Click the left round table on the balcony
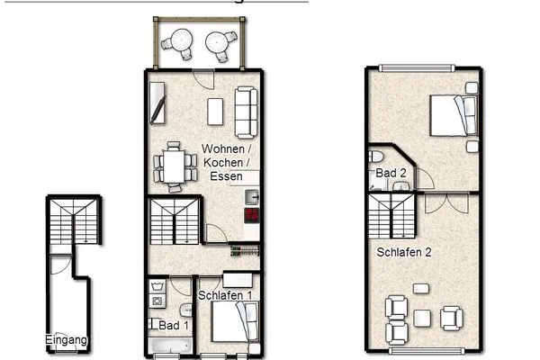coord(178,41)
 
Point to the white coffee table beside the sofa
coord(214,112)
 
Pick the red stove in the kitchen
coord(252,216)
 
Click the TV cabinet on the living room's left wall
coord(157,103)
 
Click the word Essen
coord(226,178)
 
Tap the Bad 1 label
coord(175,325)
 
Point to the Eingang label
coord(67,340)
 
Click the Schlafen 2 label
coord(403,252)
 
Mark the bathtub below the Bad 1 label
coord(170,346)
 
